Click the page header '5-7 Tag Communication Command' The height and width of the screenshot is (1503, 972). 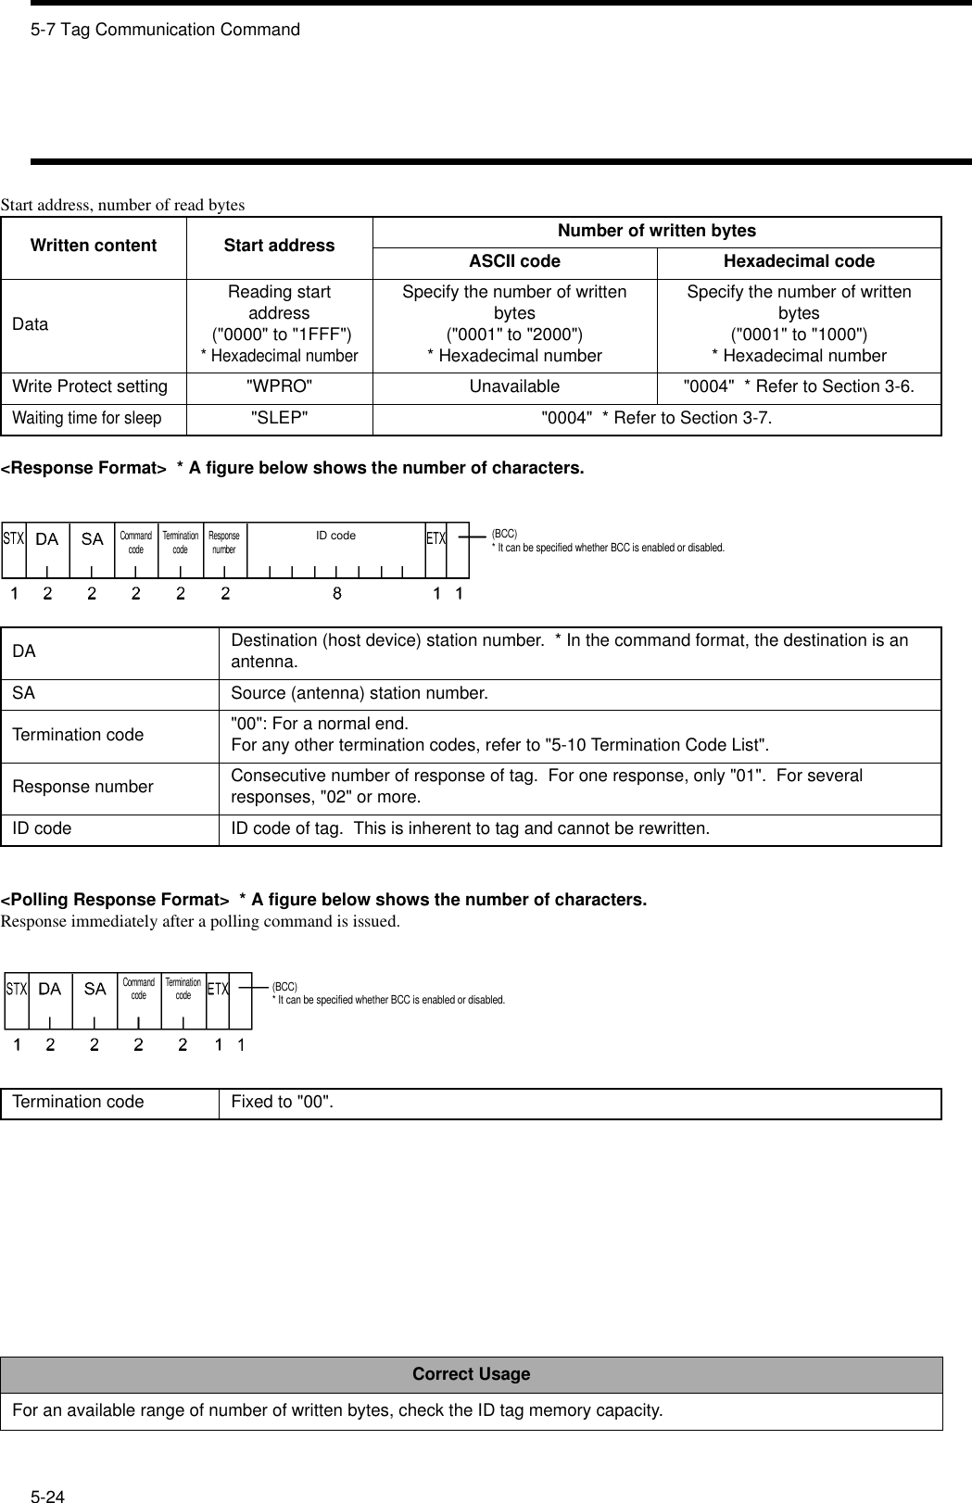[x=165, y=30]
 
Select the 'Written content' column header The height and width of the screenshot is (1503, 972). [x=93, y=246]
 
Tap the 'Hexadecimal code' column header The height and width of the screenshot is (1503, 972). [x=799, y=262]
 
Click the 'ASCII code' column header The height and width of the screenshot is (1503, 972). [x=514, y=262]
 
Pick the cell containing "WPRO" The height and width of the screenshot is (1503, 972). [x=279, y=386]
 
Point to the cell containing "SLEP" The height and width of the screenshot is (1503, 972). [x=279, y=418]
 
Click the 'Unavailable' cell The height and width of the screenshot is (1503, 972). [x=514, y=386]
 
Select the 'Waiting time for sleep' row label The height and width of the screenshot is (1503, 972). [x=87, y=418]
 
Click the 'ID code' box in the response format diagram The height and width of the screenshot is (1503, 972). [x=335, y=537]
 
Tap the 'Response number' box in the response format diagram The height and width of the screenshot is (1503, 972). [x=224, y=543]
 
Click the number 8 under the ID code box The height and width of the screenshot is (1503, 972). [x=337, y=594]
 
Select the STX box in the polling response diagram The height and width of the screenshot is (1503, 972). [x=17, y=990]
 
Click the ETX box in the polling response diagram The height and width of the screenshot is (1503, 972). [x=218, y=990]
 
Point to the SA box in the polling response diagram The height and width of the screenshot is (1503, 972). [x=95, y=990]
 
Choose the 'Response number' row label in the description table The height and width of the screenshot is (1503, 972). [x=82, y=787]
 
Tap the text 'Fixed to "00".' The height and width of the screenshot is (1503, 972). [x=282, y=1102]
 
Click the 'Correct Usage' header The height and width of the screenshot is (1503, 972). [x=471, y=1374]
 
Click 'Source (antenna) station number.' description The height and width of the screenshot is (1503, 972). [x=359, y=693]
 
